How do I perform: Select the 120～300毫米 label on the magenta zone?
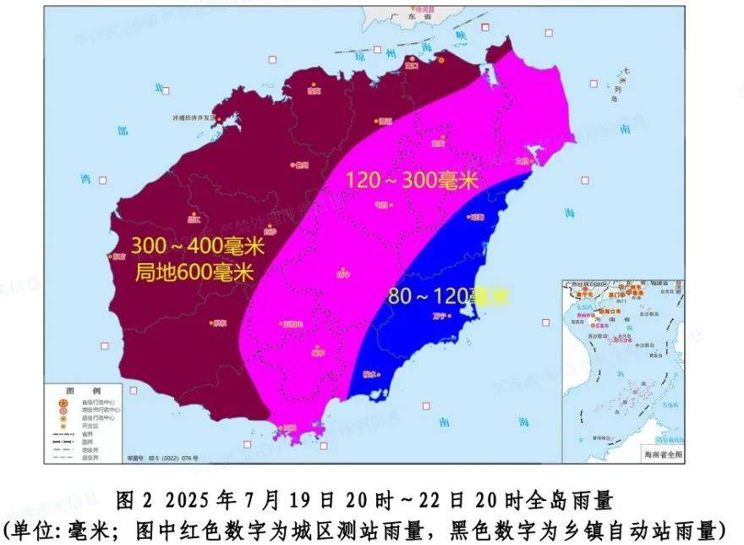click(412, 180)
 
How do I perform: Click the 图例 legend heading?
click(84, 389)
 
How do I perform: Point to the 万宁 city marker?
click(461, 316)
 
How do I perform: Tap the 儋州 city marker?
click(300, 164)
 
